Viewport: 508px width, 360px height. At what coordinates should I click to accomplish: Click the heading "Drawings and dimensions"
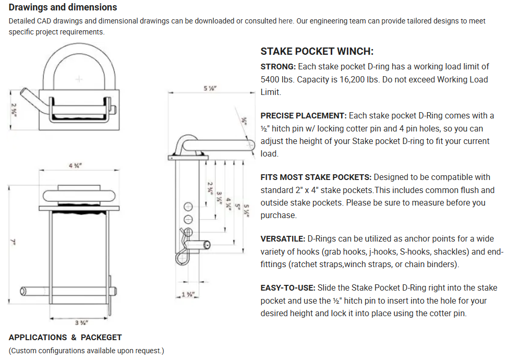point(63,7)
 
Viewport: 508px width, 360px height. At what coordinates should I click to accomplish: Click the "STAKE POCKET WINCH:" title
point(317,52)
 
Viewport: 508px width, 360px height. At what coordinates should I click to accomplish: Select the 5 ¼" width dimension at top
point(210,88)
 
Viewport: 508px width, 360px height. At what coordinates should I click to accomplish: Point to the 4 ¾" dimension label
point(75,165)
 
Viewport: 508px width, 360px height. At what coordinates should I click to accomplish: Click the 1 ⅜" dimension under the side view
point(188,295)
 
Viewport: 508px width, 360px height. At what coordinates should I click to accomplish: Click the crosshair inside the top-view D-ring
point(79,79)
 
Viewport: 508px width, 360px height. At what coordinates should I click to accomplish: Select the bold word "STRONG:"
point(278,67)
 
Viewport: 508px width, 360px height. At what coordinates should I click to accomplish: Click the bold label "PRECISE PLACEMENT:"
point(304,115)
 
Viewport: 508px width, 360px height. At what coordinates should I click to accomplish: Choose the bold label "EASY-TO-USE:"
point(288,287)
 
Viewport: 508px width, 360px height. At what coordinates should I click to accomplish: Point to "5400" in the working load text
point(271,79)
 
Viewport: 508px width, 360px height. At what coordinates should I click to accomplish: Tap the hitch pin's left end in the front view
point(23,291)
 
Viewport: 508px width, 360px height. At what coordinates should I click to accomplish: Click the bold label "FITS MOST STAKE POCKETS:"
point(316,177)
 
